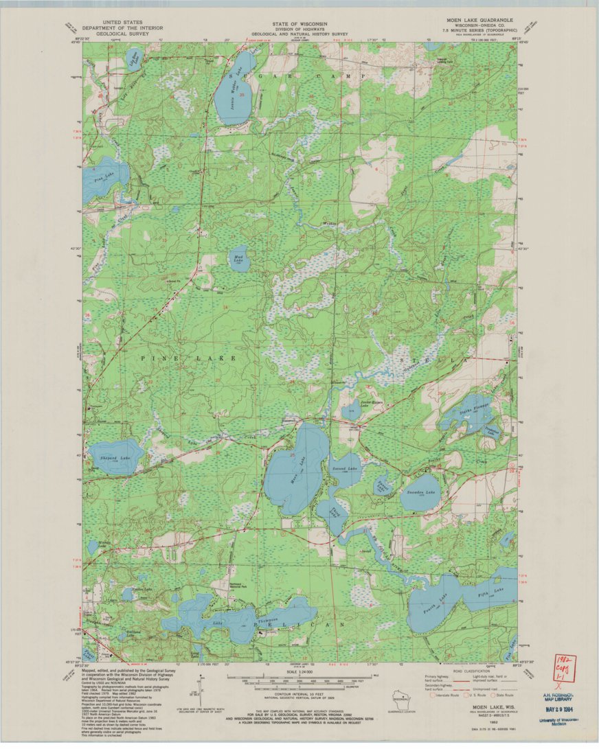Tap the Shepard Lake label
pos(115,457)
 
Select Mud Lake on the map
pos(238,258)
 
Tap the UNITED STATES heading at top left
pos(111,23)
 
